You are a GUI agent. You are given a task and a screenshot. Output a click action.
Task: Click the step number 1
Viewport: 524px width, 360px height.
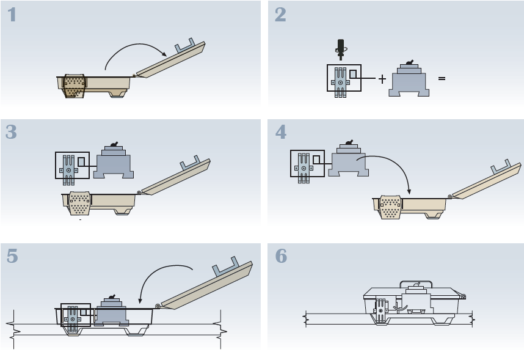(12, 15)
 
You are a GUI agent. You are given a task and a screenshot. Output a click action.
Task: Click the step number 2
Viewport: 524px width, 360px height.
(280, 15)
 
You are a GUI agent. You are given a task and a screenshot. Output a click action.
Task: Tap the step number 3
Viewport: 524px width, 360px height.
(12, 132)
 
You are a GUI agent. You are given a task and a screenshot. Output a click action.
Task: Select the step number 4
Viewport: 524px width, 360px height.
(280, 132)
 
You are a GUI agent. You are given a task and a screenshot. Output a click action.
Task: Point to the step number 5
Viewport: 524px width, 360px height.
(12, 257)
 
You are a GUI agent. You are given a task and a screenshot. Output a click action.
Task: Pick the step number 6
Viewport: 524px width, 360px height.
(280, 257)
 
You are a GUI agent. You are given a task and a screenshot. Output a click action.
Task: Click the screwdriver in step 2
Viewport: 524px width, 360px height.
(341, 49)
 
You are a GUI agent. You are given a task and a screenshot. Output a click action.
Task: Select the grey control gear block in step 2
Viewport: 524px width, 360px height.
(409, 81)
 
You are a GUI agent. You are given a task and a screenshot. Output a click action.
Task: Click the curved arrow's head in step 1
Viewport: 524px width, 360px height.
(166, 55)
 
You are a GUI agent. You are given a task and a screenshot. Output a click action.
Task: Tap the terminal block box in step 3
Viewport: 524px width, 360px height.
(72, 166)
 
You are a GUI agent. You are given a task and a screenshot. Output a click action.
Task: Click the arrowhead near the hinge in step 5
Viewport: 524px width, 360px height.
(141, 301)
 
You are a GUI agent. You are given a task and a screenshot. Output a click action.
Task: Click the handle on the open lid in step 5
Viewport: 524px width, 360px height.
(227, 269)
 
